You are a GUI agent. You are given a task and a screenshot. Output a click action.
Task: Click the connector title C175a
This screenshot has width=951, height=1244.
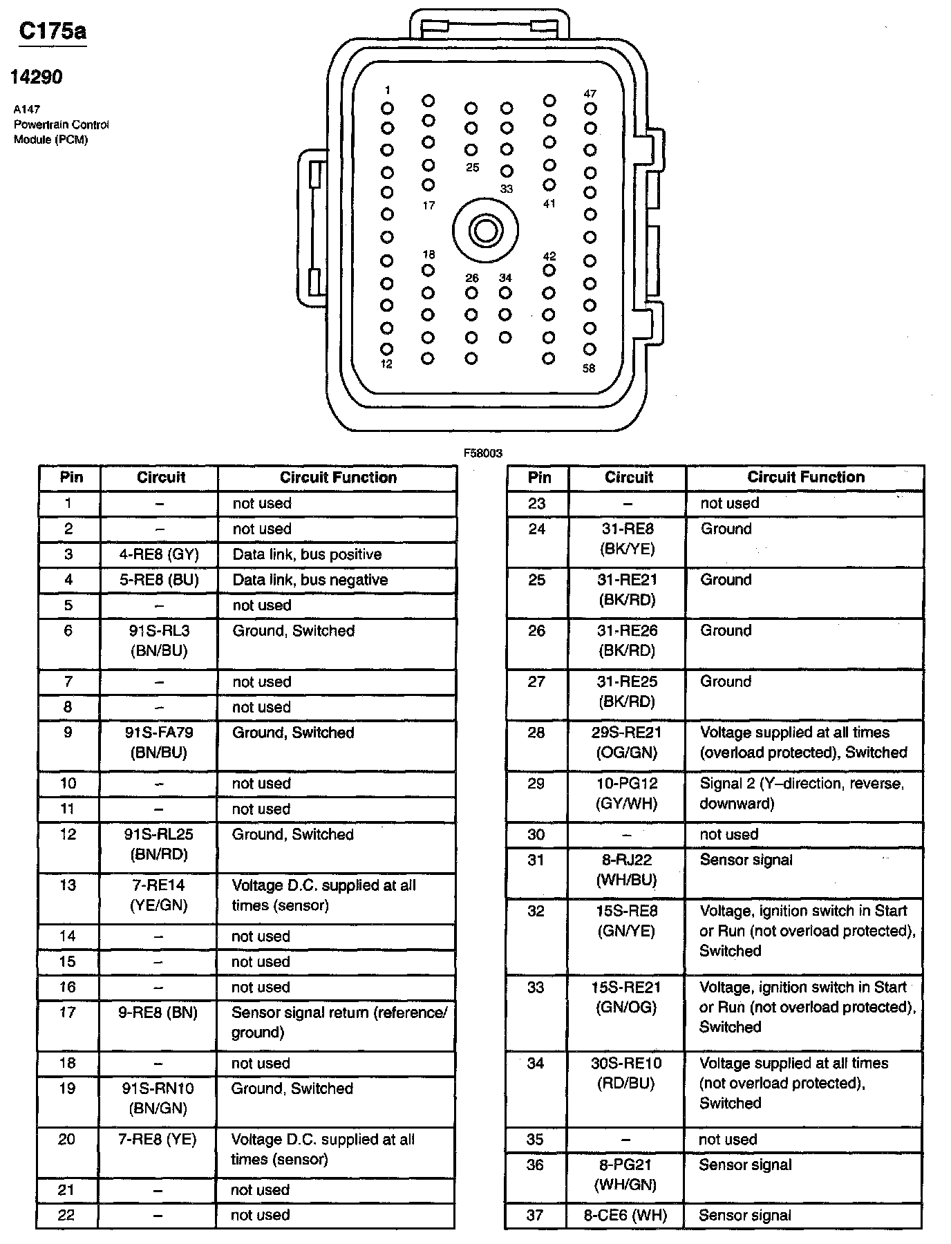[x=53, y=31]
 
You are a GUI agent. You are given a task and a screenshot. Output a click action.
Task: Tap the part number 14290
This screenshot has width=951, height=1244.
[x=36, y=77]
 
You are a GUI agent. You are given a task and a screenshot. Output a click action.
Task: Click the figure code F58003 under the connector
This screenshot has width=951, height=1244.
[x=483, y=453]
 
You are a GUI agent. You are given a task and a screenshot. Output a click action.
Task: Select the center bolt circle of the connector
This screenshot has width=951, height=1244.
[x=485, y=230]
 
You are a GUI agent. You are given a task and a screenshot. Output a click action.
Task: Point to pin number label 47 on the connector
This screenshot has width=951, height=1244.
[x=590, y=93]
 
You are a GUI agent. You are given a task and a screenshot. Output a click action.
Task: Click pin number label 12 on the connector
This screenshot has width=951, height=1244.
[x=386, y=364]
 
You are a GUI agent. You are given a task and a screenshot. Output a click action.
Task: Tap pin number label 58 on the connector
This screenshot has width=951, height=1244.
[x=589, y=368]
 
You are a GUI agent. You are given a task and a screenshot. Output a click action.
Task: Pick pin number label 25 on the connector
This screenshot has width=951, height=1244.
[x=472, y=167]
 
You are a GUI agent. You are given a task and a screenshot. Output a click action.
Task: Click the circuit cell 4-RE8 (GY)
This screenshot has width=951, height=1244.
[x=159, y=554]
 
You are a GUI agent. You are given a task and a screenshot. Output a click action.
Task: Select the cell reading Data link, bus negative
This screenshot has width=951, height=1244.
[x=310, y=580]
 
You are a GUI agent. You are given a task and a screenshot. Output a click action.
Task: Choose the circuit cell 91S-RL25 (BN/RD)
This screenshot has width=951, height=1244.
[x=159, y=844]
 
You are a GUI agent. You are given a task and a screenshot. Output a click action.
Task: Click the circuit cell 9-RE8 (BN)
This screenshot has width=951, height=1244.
[x=159, y=1012]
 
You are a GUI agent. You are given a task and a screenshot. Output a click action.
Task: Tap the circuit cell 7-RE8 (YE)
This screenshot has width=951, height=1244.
[x=158, y=1139]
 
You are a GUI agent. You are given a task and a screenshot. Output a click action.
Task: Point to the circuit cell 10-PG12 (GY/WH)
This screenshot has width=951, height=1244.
[x=627, y=793]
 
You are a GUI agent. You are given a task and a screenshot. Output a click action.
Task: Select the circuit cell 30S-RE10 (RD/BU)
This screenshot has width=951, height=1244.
[x=626, y=1073]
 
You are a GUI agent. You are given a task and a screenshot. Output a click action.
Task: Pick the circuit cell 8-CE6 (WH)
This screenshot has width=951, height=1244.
[x=625, y=1215]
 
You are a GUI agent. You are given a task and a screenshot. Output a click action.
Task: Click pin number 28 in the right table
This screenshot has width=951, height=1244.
[x=536, y=733]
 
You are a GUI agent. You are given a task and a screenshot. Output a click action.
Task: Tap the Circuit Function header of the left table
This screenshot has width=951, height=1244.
[x=338, y=478]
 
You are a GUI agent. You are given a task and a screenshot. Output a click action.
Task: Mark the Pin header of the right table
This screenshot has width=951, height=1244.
[x=539, y=477]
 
